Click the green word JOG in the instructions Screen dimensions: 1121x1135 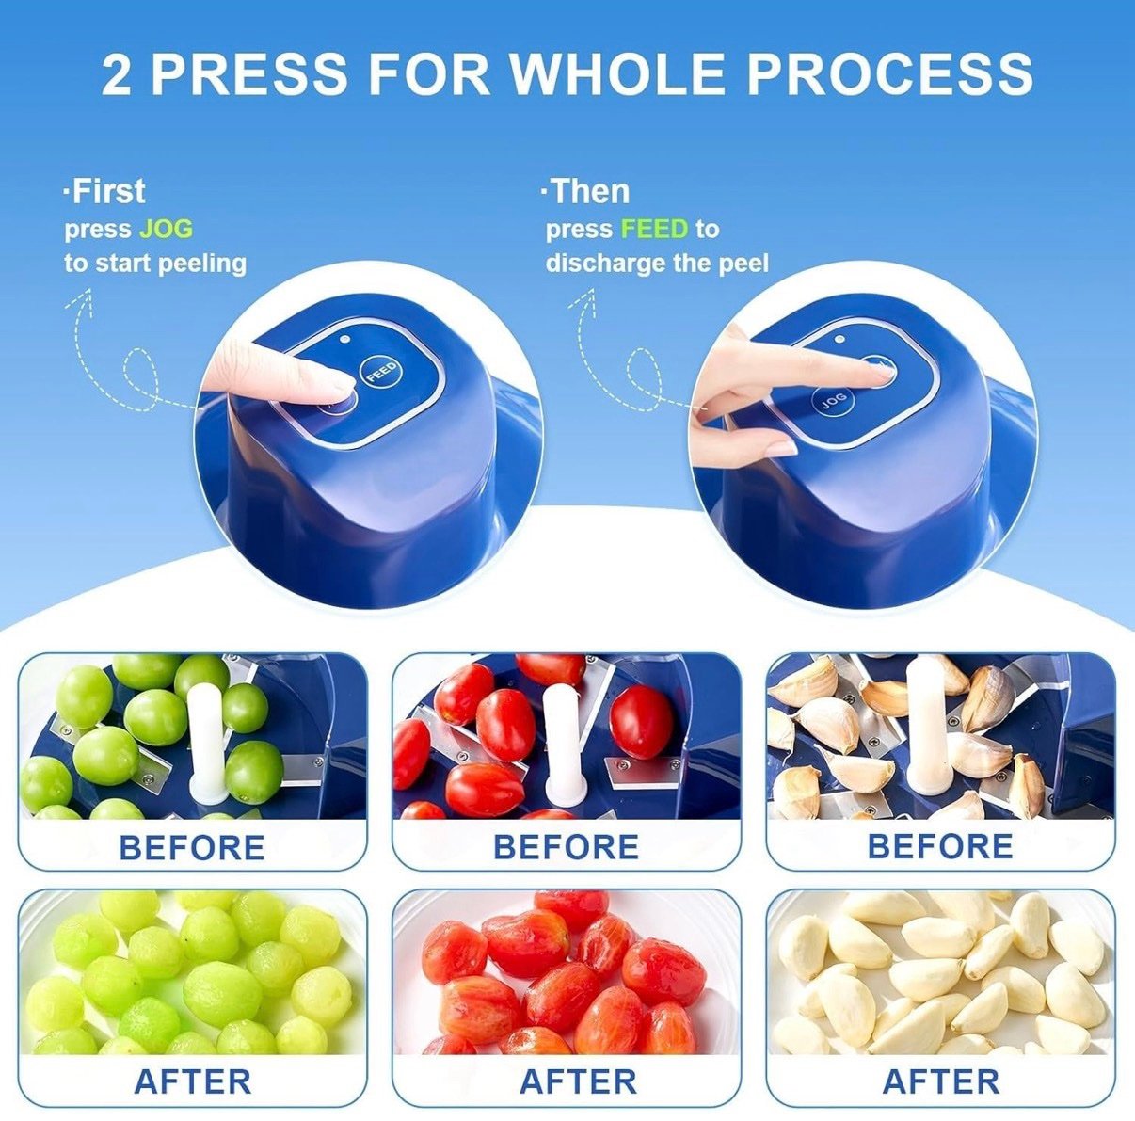[166, 229]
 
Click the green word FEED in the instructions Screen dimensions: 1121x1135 [654, 229]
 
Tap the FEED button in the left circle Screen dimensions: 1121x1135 [381, 372]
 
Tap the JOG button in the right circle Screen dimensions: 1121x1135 [833, 401]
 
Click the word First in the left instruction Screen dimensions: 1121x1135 [108, 191]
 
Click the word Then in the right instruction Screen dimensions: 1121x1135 [589, 191]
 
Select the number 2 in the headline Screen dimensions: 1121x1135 [117, 74]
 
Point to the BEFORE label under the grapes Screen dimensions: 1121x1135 [192, 847]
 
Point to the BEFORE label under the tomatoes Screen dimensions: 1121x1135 [566, 847]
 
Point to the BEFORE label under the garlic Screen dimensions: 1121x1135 [939, 846]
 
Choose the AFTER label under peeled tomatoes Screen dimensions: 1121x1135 [577, 1081]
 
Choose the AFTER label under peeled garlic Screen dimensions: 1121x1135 [940, 1081]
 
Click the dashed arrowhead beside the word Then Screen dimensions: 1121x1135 [585, 296]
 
